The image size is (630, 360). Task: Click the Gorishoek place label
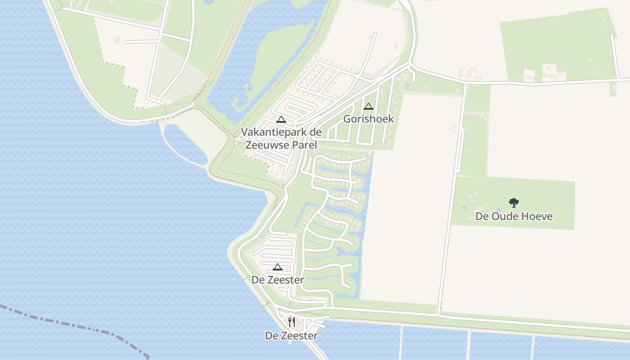369,119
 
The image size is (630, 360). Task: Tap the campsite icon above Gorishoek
369,107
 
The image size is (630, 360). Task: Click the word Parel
304,145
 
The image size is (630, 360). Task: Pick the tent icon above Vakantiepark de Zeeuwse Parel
281,120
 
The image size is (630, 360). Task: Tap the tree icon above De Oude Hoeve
514,203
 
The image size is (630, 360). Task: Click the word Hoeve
538,216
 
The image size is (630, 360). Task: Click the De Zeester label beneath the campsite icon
278,280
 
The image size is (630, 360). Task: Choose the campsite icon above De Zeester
278,267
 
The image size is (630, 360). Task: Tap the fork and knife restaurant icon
292,322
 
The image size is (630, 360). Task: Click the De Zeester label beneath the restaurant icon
292,336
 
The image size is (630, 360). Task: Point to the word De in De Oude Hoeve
482,216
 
